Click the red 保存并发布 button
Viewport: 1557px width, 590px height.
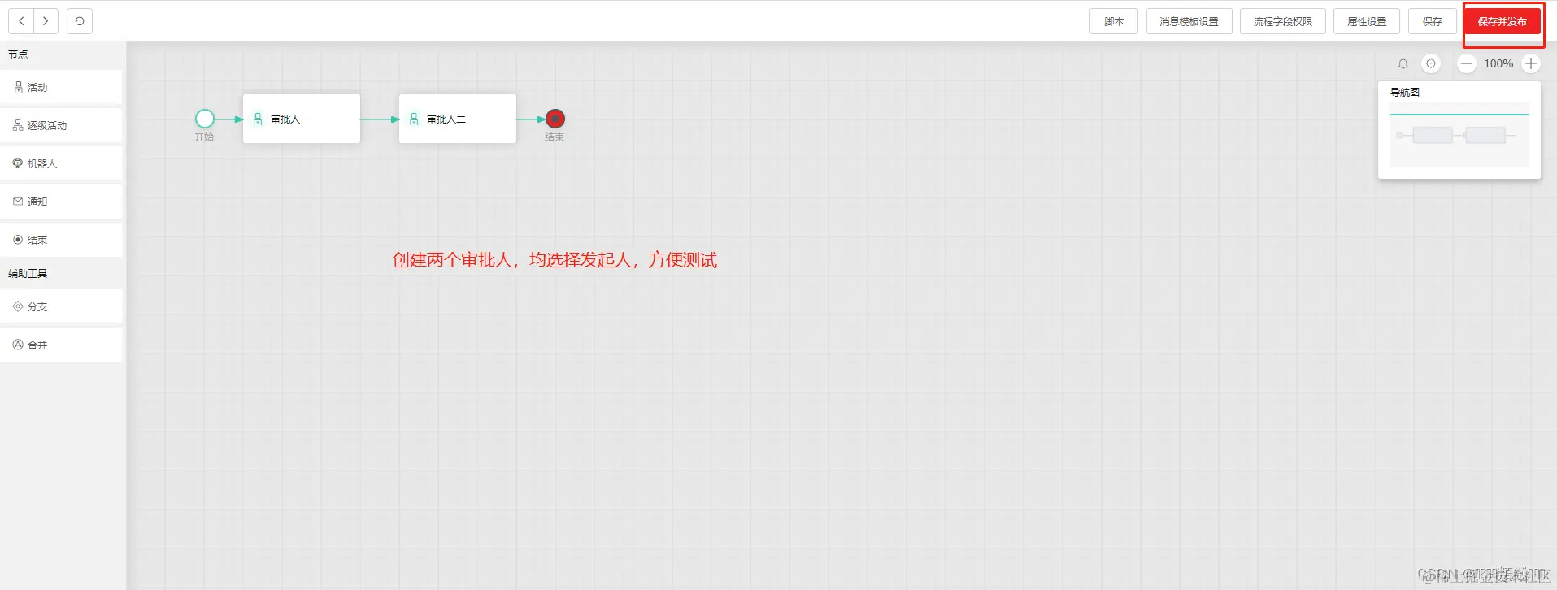1502,22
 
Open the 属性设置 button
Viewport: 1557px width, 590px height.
1366,22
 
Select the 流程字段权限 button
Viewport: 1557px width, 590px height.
1282,22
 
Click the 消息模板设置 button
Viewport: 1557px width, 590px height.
1189,22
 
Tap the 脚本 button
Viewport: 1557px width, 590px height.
1114,22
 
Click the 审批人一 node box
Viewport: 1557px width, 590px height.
301,119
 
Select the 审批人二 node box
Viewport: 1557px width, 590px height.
457,119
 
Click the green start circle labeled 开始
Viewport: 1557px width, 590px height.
205,119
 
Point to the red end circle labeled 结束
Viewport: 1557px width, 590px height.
555,119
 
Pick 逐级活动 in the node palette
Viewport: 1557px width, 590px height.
61,126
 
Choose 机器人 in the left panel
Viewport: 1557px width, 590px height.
61,164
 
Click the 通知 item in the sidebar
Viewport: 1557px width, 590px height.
61,202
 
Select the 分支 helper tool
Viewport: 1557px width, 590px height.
61,307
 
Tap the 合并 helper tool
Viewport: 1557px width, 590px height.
61,345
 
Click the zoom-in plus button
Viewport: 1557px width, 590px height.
1531,63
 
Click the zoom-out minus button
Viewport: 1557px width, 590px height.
1467,63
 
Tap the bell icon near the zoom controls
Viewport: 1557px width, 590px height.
1403,63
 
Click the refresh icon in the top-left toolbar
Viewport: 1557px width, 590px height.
80,21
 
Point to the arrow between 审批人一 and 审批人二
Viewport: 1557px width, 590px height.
379,119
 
